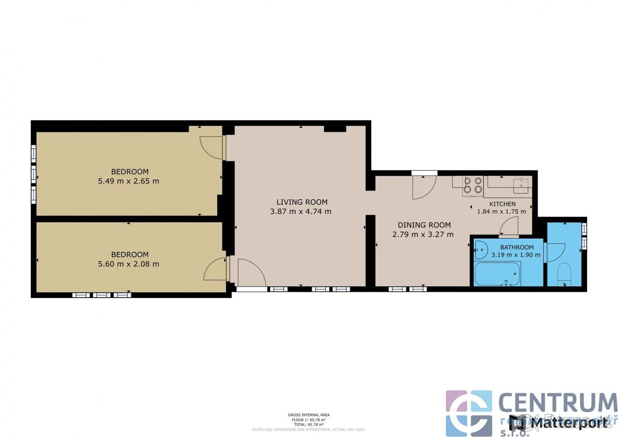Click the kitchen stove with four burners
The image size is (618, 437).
(473, 186)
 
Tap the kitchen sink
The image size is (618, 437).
(521, 184)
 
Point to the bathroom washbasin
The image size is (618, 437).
(481, 250)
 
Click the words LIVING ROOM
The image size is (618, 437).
(302, 202)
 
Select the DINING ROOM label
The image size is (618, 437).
(424, 225)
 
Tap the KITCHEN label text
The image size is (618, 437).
(503, 204)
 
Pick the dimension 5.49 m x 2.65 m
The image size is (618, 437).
(129, 181)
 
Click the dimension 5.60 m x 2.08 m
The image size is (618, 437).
(129, 264)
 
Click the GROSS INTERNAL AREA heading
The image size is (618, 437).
(309, 414)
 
